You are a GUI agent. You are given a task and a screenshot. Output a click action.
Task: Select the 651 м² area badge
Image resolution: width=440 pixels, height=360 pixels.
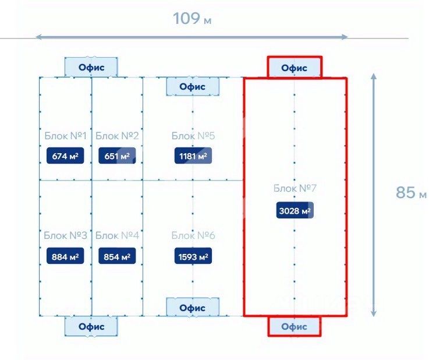coord(116,156)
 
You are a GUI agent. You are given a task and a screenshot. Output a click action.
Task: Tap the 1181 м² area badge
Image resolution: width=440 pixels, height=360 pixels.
coord(193,156)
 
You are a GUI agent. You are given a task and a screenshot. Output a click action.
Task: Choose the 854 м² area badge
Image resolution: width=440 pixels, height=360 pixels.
coord(116,256)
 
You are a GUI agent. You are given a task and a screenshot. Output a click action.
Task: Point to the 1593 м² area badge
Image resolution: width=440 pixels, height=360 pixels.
coord(193,256)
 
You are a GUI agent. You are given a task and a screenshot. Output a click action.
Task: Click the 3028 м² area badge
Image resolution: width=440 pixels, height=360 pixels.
coord(294,210)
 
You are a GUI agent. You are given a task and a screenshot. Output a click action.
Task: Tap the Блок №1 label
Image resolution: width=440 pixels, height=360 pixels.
coord(65,136)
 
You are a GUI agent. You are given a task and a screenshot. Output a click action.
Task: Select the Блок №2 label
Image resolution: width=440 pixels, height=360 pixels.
coord(117,136)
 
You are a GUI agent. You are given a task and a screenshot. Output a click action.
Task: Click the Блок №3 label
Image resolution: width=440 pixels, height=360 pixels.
coord(65,236)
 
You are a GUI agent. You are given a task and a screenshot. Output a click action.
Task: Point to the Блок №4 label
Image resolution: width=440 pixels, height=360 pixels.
coord(117,236)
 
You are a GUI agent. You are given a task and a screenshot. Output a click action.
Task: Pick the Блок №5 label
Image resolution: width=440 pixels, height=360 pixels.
coord(193,136)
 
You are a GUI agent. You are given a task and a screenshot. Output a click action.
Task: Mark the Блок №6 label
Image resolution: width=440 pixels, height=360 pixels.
coord(193,236)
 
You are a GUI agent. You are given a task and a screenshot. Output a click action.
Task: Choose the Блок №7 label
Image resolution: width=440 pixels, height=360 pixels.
coord(295,189)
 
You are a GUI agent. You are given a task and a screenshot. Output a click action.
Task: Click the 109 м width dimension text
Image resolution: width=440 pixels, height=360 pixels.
coord(192,19)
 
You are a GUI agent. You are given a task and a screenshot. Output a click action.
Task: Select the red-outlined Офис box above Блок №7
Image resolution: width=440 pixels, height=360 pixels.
coord(294,68)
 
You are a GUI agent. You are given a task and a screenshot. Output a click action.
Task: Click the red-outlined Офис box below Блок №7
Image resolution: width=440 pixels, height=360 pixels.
coord(294,327)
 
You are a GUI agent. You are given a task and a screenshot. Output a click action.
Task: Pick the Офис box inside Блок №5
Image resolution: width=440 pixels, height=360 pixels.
coord(193,87)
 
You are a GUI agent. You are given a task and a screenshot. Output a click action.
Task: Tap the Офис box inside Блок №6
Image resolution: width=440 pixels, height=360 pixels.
coord(193,308)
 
